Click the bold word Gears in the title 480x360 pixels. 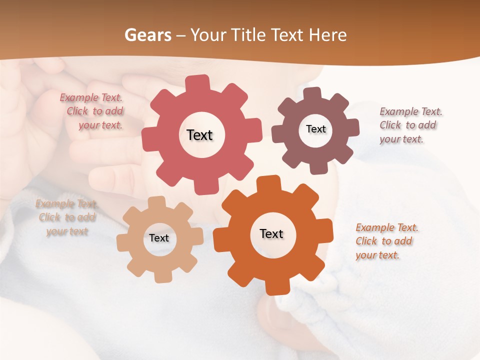pyautogui.click(x=147, y=35)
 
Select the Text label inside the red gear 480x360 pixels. pyautogui.click(x=199, y=135)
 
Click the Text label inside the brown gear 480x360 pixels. pyautogui.click(x=315, y=129)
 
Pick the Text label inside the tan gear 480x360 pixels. pyautogui.click(x=158, y=238)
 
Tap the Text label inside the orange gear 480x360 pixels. pyautogui.click(x=271, y=233)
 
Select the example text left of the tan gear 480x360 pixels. pyautogui.click(x=66, y=217)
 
